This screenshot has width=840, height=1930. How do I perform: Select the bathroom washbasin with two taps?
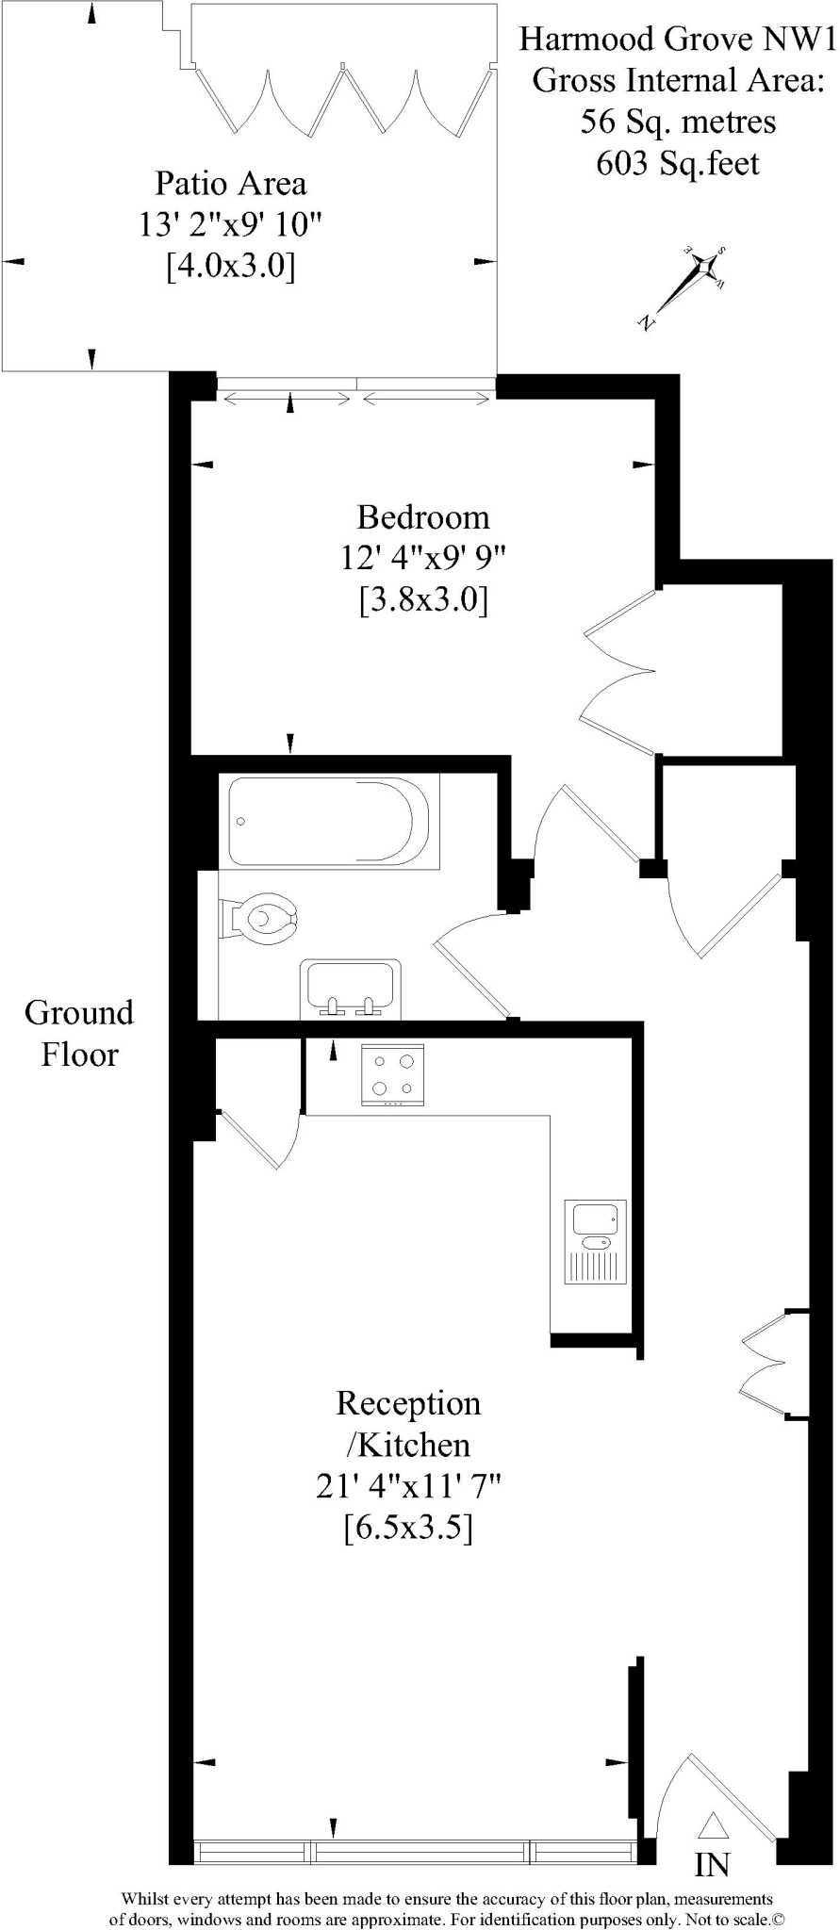click(x=350, y=989)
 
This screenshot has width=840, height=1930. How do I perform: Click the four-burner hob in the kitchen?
click(x=392, y=1074)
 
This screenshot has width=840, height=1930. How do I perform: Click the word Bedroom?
click(x=423, y=517)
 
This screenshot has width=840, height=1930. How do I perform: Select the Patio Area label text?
click(x=231, y=182)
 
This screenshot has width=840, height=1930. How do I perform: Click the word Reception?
click(x=408, y=1403)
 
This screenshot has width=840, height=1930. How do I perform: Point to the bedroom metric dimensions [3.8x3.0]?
click(x=423, y=599)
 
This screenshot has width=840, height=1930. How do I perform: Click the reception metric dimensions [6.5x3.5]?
click(x=408, y=1527)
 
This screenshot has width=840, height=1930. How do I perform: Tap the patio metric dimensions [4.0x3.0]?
click(x=231, y=266)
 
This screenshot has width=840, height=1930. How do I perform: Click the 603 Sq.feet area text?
click(x=677, y=163)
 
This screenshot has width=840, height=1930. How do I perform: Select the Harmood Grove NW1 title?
click(x=677, y=39)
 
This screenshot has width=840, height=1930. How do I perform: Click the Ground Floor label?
click(x=79, y=1033)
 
